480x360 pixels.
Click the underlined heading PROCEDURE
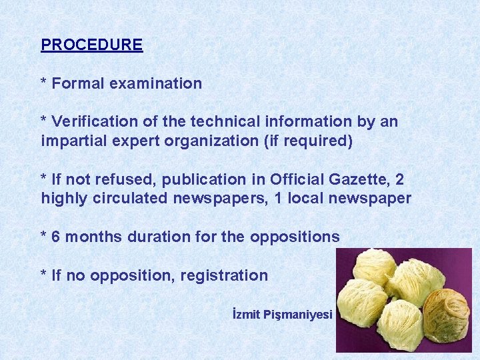click(91, 45)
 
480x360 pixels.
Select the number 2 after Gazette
click(399, 179)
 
